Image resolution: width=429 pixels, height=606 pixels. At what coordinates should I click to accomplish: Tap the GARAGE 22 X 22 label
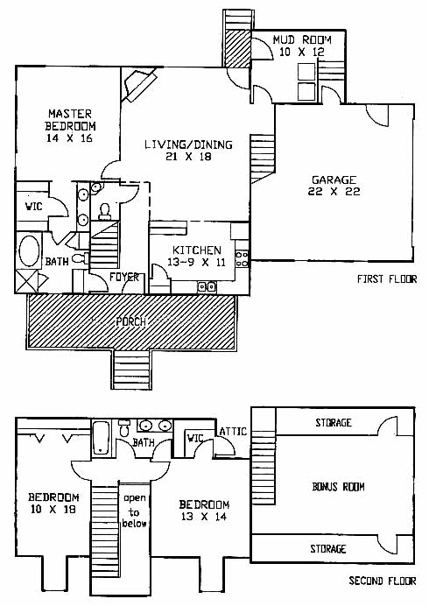[334, 186]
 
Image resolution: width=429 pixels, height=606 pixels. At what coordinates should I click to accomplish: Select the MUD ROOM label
[302, 39]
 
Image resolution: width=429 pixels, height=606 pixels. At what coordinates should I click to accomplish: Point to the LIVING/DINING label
[188, 144]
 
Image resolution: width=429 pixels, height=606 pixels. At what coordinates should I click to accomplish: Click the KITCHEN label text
[197, 250]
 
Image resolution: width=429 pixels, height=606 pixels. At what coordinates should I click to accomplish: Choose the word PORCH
[131, 321]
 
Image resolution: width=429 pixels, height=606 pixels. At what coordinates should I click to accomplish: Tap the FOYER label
[124, 277]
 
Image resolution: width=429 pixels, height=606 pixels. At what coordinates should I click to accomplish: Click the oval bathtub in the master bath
[29, 250]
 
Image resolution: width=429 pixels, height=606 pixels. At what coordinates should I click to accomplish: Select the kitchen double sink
[207, 286]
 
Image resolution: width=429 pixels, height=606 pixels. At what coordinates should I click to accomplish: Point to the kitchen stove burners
[242, 258]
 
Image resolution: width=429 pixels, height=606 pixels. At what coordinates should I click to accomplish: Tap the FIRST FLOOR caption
[386, 278]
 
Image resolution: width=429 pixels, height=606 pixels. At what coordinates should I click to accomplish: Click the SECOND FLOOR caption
[383, 581]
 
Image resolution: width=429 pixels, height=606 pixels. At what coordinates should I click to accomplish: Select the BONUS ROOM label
[338, 487]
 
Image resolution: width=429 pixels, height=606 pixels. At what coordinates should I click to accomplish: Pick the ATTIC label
[233, 431]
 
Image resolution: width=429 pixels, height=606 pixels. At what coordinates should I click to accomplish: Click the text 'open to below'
[135, 511]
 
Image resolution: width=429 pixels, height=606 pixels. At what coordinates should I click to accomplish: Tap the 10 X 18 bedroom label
[53, 503]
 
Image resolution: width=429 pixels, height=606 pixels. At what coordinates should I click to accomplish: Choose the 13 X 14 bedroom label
[204, 511]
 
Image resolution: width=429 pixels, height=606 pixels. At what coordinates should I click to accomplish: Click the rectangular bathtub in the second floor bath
[101, 438]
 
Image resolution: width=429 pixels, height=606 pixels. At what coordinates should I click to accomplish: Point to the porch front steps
[131, 369]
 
